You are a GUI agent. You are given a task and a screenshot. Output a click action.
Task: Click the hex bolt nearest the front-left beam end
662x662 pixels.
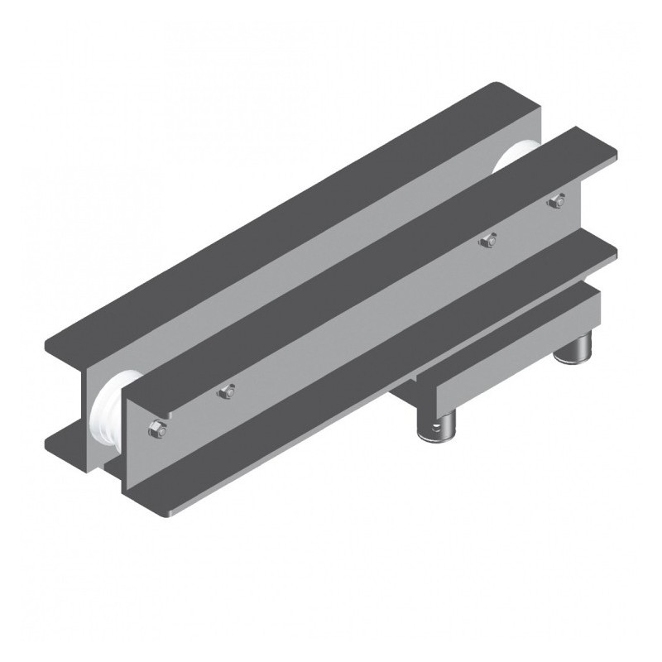(x=156, y=429)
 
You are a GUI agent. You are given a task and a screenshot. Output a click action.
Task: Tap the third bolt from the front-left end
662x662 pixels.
(x=488, y=241)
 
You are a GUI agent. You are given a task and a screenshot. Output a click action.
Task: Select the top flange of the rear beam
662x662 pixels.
(x=290, y=223)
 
